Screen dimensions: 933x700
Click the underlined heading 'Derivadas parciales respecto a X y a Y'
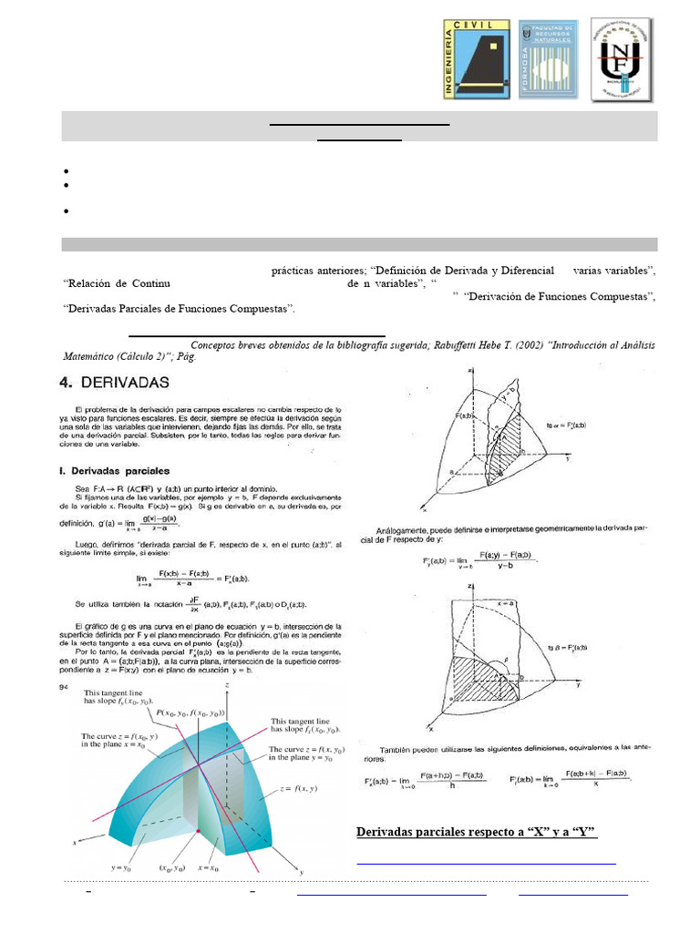pos(475,831)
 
